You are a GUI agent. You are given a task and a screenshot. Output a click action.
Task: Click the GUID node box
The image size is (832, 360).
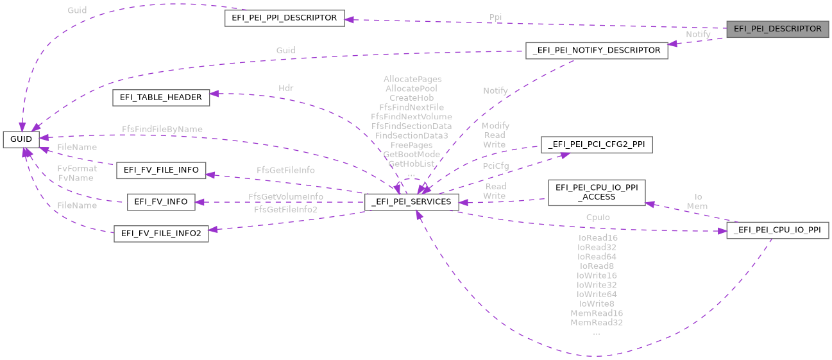(21, 139)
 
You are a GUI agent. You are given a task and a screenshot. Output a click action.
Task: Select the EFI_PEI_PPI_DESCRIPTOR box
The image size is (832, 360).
(285, 18)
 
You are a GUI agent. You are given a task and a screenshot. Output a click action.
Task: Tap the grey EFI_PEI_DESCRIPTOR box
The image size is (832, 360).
(777, 29)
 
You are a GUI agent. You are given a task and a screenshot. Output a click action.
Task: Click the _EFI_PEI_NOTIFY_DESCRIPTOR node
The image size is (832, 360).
(597, 50)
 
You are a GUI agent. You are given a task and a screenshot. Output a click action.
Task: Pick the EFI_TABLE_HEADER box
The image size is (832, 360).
(161, 98)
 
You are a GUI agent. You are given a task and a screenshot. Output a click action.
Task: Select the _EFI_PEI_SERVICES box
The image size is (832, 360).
(411, 201)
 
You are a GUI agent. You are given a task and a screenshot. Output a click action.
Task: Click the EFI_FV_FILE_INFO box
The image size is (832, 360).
(161, 171)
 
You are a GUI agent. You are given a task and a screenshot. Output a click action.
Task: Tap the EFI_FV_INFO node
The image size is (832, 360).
(161, 201)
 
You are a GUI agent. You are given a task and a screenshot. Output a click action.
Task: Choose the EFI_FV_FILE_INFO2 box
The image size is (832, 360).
(161, 234)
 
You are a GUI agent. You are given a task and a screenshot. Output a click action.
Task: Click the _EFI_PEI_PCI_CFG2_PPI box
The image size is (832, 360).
(597, 145)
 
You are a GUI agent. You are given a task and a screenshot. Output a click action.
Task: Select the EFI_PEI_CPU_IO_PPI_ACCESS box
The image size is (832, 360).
(596, 193)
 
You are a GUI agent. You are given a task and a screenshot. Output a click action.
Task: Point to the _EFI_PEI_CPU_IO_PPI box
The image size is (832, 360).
(777, 231)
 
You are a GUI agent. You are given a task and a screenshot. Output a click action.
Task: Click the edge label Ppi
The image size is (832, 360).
(495, 17)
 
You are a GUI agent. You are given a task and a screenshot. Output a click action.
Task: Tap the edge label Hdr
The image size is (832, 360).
(285, 88)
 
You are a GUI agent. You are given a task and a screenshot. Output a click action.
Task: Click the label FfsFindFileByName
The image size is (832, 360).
(162, 129)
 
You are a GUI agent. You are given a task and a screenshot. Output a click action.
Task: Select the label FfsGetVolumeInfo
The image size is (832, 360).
(285, 196)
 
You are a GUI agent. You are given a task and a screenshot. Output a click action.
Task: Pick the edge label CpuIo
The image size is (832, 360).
(598, 218)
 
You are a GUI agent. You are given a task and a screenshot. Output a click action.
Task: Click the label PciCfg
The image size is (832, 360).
(495, 166)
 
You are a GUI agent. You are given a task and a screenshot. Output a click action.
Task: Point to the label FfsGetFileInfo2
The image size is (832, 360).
(285, 209)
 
